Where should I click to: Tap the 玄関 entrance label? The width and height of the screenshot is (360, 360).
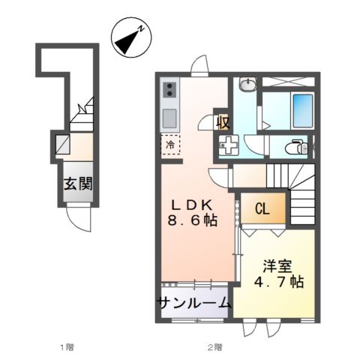tap(77, 183)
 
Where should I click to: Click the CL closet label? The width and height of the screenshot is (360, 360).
tap(262, 209)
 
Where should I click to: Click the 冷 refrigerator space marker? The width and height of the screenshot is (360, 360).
tap(170, 145)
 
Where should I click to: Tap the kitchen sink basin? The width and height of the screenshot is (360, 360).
tap(169, 118)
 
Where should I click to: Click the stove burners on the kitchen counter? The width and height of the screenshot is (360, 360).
tap(169, 91)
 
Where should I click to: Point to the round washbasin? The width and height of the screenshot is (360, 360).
tap(247, 84)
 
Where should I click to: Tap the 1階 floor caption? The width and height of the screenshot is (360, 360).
tap(67, 346)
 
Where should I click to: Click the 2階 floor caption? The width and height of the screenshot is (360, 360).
tap(215, 346)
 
